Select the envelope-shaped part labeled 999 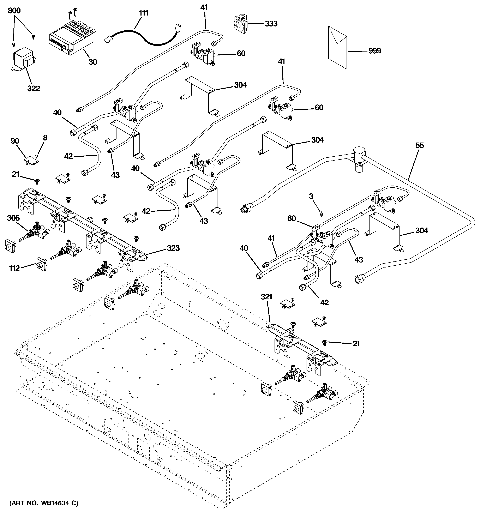[337, 47]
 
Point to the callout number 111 [144, 13]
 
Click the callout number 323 [173, 248]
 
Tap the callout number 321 [266, 297]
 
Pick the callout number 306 [13, 218]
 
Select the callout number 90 [15, 141]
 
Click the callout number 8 [45, 138]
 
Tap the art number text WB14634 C [44, 503]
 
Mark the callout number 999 [375, 51]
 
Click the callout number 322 [34, 88]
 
